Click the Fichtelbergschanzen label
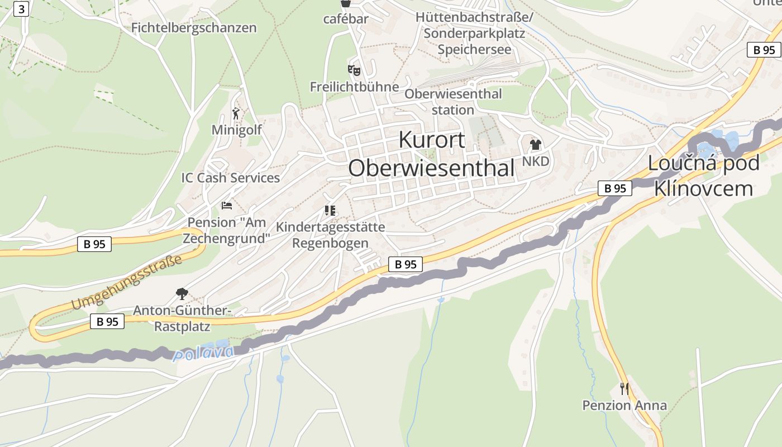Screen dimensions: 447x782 pos(194,27)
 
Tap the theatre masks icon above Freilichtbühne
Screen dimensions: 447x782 pos(354,70)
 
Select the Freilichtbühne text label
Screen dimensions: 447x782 pos(355,87)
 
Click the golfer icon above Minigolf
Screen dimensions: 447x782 pos(236,114)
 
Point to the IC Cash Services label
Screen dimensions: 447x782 pos(230,178)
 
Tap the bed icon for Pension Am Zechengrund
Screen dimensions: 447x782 pos(226,206)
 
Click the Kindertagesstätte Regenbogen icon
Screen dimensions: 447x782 pos(330,211)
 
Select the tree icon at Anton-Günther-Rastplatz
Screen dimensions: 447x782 pos(182,294)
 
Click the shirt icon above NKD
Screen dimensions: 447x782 pos(536,145)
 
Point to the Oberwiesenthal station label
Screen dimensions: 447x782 pos(453,102)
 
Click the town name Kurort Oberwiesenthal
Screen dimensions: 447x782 pos(431,154)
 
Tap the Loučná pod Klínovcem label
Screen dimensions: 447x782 pos(703,175)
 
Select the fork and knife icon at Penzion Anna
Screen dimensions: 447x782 pos(624,388)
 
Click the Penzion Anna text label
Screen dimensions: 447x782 pos(624,405)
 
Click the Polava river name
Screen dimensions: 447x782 pos(203,353)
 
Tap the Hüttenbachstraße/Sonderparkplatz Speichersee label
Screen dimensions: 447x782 pos(474,33)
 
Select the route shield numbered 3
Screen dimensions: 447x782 pos(21,9)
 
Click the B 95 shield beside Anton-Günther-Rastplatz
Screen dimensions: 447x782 pos(107,321)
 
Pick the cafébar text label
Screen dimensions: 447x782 pos(346,19)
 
